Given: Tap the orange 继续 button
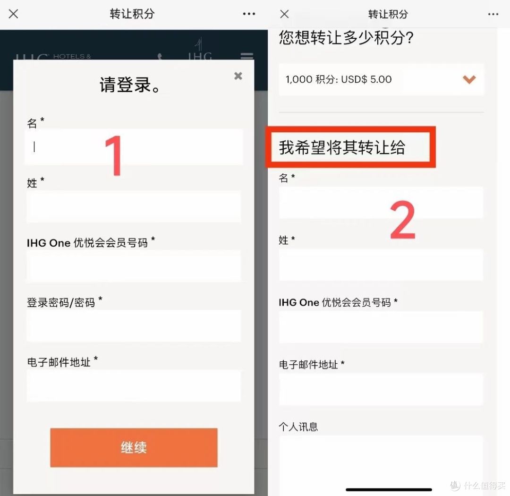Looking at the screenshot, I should point(134,447).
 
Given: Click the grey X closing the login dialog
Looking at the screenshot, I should point(238,76).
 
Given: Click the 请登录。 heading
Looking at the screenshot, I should point(132,86).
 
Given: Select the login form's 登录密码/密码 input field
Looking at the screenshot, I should point(134,326).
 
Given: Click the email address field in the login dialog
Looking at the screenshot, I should point(134,386).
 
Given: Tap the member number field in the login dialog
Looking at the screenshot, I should point(134,266).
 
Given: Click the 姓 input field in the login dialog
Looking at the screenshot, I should point(134,206).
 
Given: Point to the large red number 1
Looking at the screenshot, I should point(113,156).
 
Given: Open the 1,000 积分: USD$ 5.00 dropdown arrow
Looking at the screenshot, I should point(469,79).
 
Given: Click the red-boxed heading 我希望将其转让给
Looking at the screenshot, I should point(342,148).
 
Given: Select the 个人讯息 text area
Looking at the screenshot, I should point(381,461).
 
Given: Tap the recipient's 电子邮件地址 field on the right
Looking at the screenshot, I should point(381,390).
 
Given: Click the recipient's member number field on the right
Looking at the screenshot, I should point(381,327).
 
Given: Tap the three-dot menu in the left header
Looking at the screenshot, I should point(249,14).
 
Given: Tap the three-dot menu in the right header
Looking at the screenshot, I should point(493,14).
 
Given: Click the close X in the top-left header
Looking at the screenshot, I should point(14,14).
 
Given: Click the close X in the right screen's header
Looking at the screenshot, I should point(284,14).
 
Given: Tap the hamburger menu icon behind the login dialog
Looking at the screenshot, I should point(246,57).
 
